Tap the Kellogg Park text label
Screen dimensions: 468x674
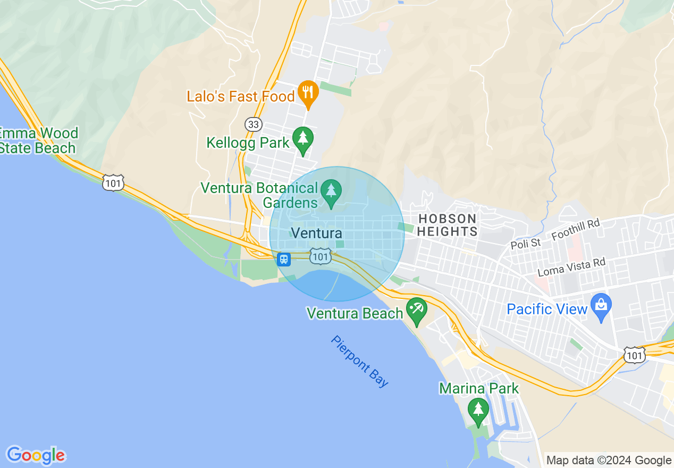pyautogui.click(x=248, y=143)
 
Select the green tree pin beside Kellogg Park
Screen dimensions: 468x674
pyautogui.click(x=303, y=139)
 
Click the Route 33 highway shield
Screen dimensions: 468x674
pyautogui.click(x=254, y=124)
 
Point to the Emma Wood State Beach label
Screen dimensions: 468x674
pyautogui.click(x=38, y=140)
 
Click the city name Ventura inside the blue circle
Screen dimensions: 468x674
pyautogui.click(x=317, y=233)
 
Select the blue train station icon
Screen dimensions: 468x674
pyautogui.click(x=284, y=259)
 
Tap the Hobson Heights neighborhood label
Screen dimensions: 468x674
pyautogui.click(x=448, y=225)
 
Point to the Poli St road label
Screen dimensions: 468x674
pyautogui.click(x=525, y=244)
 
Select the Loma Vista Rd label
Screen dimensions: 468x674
pyautogui.click(x=571, y=267)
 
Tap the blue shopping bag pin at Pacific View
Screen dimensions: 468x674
pyautogui.click(x=601, y=306)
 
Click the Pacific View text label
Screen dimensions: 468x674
pyautogui.click(x=547, y=309)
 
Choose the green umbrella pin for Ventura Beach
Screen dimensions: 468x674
pyautogui.click(x=416, y=310)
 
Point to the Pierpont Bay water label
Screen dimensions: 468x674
pyautogui.click(x=360, y=361)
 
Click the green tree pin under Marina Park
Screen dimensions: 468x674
pyautogui.click(x=478, y=410)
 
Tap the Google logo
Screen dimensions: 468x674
pyautogui.click(x=36, y=455)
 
